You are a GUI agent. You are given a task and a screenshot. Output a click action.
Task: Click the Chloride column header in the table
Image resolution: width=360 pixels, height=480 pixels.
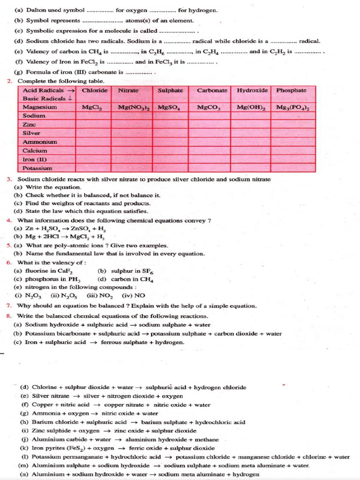coord(94,90)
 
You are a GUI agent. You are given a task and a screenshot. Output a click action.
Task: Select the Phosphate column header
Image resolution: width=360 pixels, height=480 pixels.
coord(291,90)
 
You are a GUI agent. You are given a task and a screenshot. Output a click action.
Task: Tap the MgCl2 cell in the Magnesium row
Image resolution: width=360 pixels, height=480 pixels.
coord(92,107)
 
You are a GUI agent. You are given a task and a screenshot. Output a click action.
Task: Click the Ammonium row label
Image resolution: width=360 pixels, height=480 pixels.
coord(40,142)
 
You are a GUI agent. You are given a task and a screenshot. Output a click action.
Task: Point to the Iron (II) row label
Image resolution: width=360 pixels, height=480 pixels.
coord(35,159)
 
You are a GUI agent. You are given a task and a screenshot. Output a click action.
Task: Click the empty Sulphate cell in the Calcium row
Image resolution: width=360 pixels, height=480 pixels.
coord(172,150)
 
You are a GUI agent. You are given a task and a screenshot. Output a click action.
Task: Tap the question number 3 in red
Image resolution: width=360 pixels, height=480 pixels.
coord(9,180)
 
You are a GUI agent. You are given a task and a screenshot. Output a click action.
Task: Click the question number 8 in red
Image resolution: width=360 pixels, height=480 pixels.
coord(9,315)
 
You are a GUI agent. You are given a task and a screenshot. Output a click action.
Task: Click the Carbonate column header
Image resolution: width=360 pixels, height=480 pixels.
coord(212,90)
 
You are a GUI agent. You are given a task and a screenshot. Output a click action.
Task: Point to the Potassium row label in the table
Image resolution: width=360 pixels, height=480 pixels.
coord(37,168)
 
